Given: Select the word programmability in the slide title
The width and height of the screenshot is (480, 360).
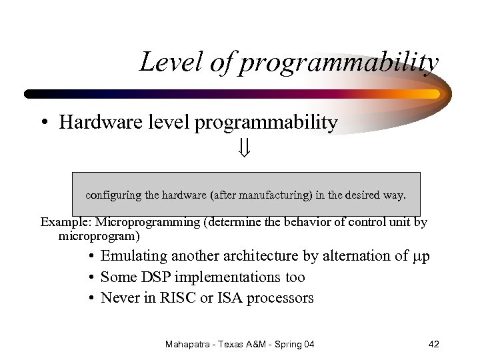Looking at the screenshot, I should point(339,63).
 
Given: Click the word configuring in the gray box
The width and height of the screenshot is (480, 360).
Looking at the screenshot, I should point(111,195).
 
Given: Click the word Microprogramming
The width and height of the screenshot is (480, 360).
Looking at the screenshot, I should point(145,222).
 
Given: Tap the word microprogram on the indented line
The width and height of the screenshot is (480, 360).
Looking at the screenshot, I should point(98,236).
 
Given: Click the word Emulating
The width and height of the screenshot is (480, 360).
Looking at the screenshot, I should point(133,256).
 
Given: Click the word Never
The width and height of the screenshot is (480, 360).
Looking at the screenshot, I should point(119,297).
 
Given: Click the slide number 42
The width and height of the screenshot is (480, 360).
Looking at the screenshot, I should point(433,344).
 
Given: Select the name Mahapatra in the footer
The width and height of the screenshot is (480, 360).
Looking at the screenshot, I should point(189,344).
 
